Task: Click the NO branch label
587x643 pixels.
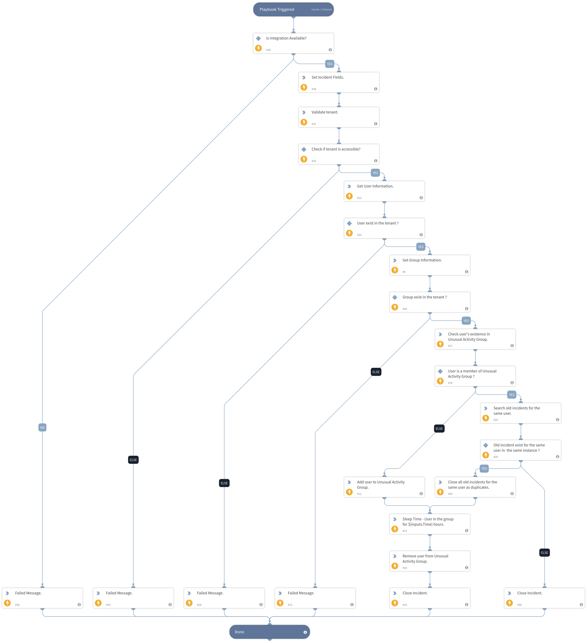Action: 43,427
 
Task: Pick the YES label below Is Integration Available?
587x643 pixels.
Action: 329,64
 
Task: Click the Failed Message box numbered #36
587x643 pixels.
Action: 43,598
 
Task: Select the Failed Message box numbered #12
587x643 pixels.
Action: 315,598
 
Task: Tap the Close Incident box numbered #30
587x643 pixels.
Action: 544,598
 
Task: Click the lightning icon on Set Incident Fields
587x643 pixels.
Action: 304,87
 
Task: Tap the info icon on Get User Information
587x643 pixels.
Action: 421,198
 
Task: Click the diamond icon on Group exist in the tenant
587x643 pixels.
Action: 395,297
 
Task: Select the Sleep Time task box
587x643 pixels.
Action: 430,524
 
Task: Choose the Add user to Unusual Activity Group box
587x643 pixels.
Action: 384,487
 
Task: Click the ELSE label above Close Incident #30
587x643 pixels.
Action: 544,552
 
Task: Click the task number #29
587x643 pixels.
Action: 495,457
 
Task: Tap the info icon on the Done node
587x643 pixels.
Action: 305,632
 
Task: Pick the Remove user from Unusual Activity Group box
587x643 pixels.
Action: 430,561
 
